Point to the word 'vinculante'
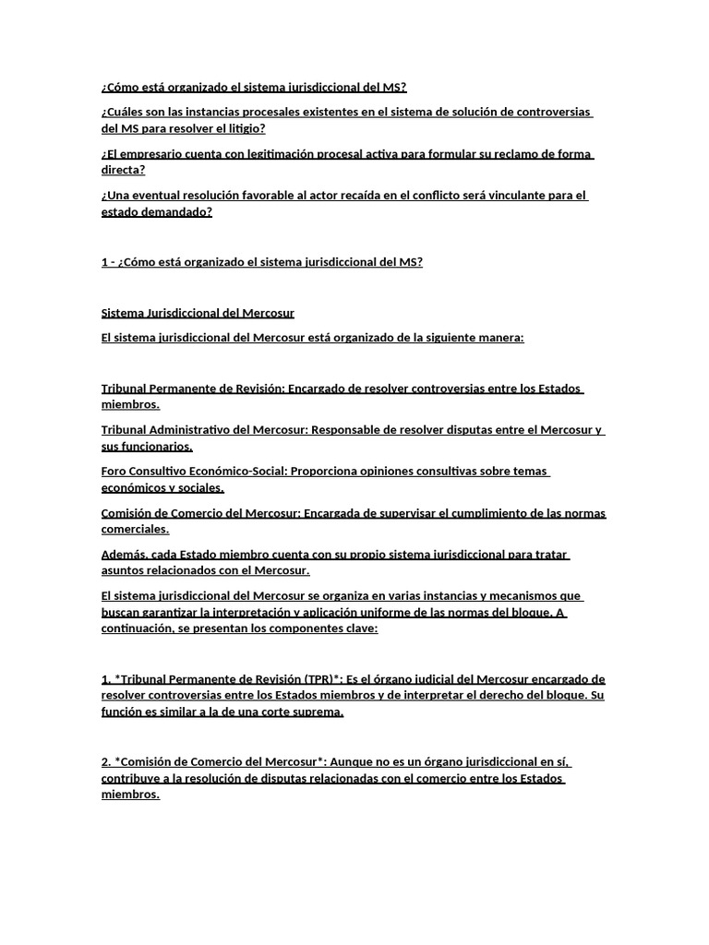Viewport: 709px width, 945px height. click(516, 196)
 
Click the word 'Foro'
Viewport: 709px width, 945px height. click(115, 472)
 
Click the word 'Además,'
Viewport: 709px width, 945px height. click(126, 555)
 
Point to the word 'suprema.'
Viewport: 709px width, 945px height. click(315, 712)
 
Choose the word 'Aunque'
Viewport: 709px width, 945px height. click(352, 762)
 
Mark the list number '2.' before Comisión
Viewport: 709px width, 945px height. click(106, 762)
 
